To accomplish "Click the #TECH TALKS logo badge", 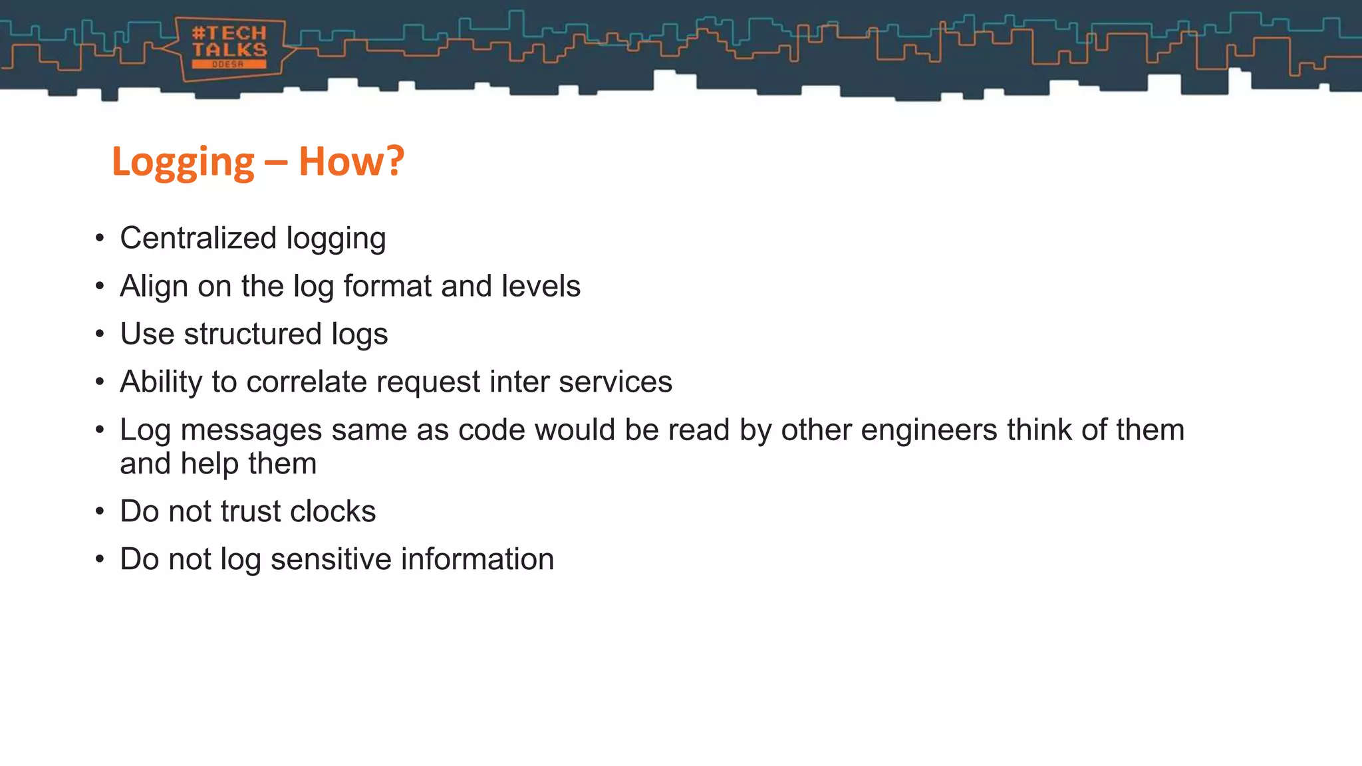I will click(229, 49).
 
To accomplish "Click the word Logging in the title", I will click(183, 162).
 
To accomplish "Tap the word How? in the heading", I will click(351, 162).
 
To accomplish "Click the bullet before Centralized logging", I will click(100, 239).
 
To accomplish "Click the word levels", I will click(541, 286).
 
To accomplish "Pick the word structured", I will click(253, 334).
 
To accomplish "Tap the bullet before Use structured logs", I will click(100, 334).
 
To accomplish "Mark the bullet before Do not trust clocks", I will click(100, 512).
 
